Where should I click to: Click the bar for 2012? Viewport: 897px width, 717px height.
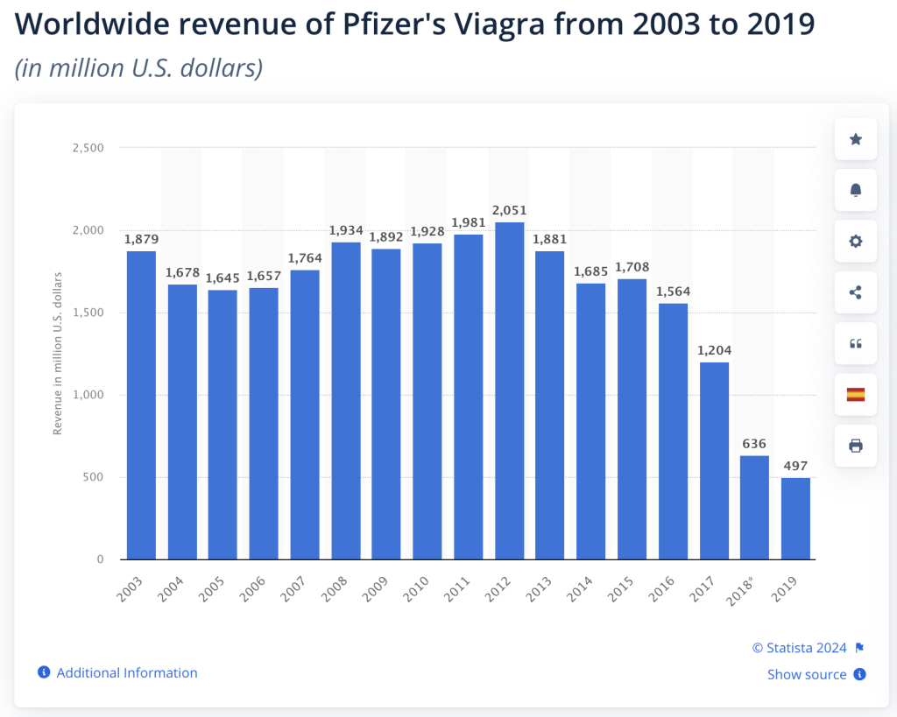[510, 390]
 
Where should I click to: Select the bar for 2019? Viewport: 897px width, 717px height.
[795, 518]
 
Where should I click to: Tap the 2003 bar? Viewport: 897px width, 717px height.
[141, 405]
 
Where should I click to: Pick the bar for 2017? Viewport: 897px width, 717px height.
[714, 460]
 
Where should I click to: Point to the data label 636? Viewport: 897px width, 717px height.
[754, 443]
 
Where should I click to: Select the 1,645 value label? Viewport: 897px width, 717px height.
[222, 278]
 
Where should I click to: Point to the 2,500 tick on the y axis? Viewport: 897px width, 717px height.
[87, 148]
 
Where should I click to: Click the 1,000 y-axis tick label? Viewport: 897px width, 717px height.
[87, 395]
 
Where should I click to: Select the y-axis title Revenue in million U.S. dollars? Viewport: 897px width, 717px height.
[58, 353]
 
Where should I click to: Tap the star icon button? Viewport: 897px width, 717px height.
[856, 139]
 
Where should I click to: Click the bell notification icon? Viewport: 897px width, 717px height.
[856, 190]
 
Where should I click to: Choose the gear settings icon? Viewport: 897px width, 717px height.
[856, 242]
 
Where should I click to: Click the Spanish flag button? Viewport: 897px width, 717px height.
[856, 395]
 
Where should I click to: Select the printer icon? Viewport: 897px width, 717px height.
[856, 446]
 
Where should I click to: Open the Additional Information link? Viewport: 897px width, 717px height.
[126, 673]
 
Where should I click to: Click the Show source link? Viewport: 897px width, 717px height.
[807, 675]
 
